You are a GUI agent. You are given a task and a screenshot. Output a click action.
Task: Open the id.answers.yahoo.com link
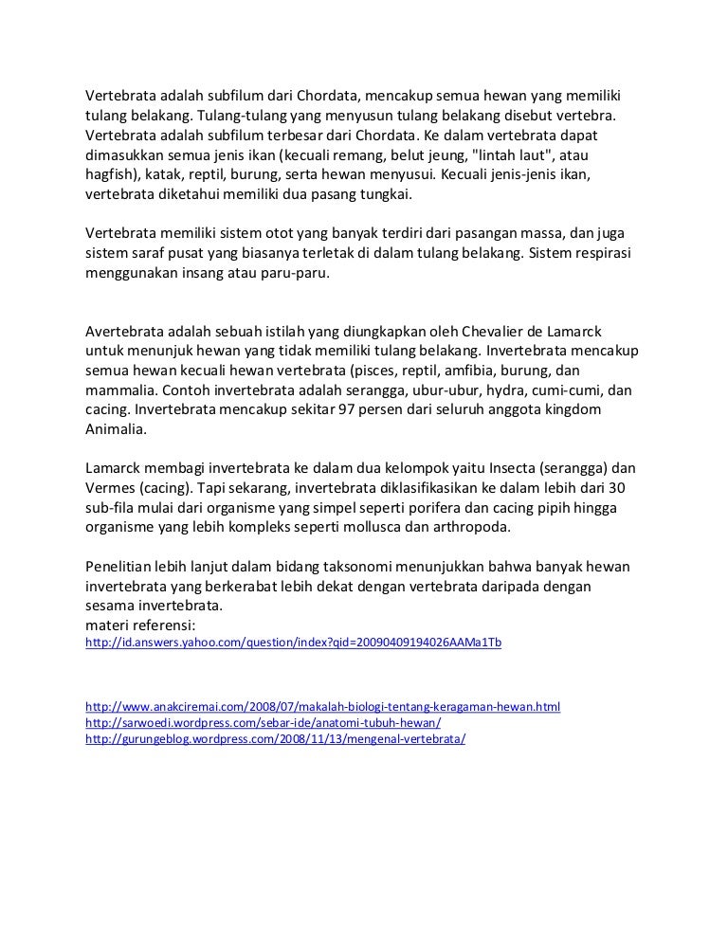pos(293,643)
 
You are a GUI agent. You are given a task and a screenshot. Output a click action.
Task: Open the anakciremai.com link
pos(323,707)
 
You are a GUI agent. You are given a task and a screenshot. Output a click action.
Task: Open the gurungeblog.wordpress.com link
pos(276,738)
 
